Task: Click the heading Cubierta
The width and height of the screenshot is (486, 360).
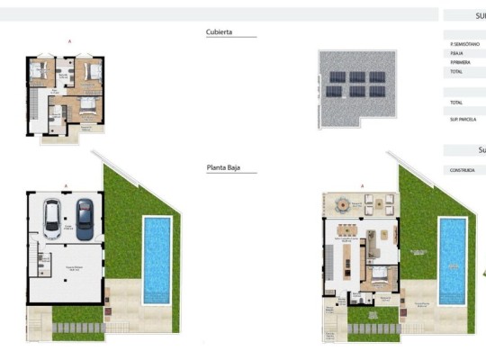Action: (220, 31)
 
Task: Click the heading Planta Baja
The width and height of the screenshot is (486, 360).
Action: (224, 166)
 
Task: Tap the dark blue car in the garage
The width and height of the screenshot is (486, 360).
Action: (84, 219)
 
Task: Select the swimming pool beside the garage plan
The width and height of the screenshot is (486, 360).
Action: (157, 257)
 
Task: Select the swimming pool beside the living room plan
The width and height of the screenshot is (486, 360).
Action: (452, 258)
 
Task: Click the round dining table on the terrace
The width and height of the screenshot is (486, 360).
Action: (342, 205)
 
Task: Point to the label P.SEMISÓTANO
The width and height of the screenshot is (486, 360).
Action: (464, 44)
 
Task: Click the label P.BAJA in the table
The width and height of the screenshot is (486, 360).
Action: (456, 53)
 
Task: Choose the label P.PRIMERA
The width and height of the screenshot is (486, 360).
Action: (459, 62)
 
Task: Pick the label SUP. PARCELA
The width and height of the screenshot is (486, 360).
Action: (463, 119)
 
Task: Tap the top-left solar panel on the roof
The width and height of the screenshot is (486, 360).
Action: (335, 77)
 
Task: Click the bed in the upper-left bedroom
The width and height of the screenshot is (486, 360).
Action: (39, 71)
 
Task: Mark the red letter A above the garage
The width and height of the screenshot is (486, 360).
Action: (66, 185)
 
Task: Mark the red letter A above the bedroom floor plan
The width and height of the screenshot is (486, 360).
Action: (69, 41)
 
